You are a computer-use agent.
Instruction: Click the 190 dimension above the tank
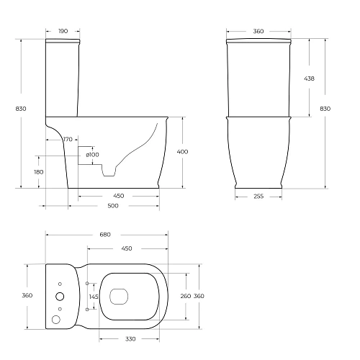62,32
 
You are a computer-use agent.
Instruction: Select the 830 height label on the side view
21,108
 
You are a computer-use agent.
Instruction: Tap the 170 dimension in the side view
68,139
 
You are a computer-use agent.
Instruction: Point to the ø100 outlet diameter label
92,155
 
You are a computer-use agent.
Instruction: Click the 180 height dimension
38,172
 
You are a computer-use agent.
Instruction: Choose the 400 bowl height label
183,152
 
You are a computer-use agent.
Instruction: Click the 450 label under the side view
118,196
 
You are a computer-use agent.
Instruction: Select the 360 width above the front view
258,32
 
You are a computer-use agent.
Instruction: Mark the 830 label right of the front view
325,108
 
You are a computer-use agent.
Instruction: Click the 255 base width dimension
258,196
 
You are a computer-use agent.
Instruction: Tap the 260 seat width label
185,296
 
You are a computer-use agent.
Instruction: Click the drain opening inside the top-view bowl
118,294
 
